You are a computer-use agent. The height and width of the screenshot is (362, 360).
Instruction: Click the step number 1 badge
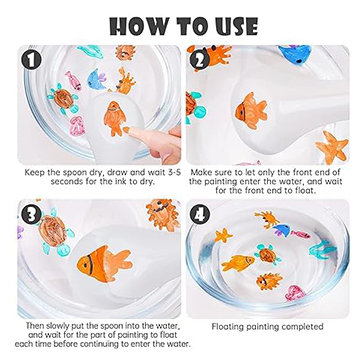coord(31,60)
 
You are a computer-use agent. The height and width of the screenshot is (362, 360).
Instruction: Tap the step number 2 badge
coord(199,60)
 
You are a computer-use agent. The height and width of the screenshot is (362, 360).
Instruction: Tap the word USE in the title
coord(231,26)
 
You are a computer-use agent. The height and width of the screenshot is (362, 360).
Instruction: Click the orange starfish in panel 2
coord(332,147)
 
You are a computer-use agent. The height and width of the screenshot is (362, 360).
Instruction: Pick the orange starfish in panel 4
coord(223,235)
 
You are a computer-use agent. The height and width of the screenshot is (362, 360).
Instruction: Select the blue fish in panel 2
coord(295,53)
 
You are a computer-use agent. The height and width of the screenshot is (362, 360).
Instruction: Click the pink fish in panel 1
coord(73,80)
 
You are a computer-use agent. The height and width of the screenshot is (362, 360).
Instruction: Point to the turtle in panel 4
coord(268,255)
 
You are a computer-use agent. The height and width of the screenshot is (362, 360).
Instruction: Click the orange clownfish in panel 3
coord(105,263)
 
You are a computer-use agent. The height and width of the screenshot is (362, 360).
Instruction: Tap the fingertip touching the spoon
coord(128,130)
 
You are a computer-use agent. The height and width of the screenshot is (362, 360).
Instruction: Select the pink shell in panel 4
coord(295,293)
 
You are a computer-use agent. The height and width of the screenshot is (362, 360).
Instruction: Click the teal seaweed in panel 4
coord(322,250)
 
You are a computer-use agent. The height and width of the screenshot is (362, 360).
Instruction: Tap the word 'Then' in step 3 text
coord(34,325)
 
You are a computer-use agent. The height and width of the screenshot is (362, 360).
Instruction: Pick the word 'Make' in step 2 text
coord(201,173)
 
